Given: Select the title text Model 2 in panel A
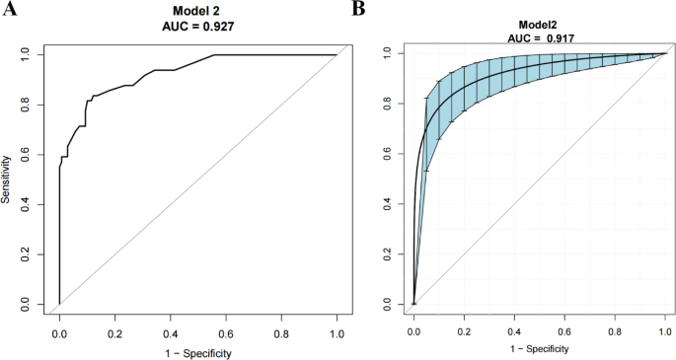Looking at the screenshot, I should [x=196, y=10].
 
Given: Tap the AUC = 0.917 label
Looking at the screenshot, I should [x=541, y=36].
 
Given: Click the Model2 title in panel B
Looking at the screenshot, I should [x=541, y=24].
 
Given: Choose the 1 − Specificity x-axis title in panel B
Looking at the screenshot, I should [x=541, y=348].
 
